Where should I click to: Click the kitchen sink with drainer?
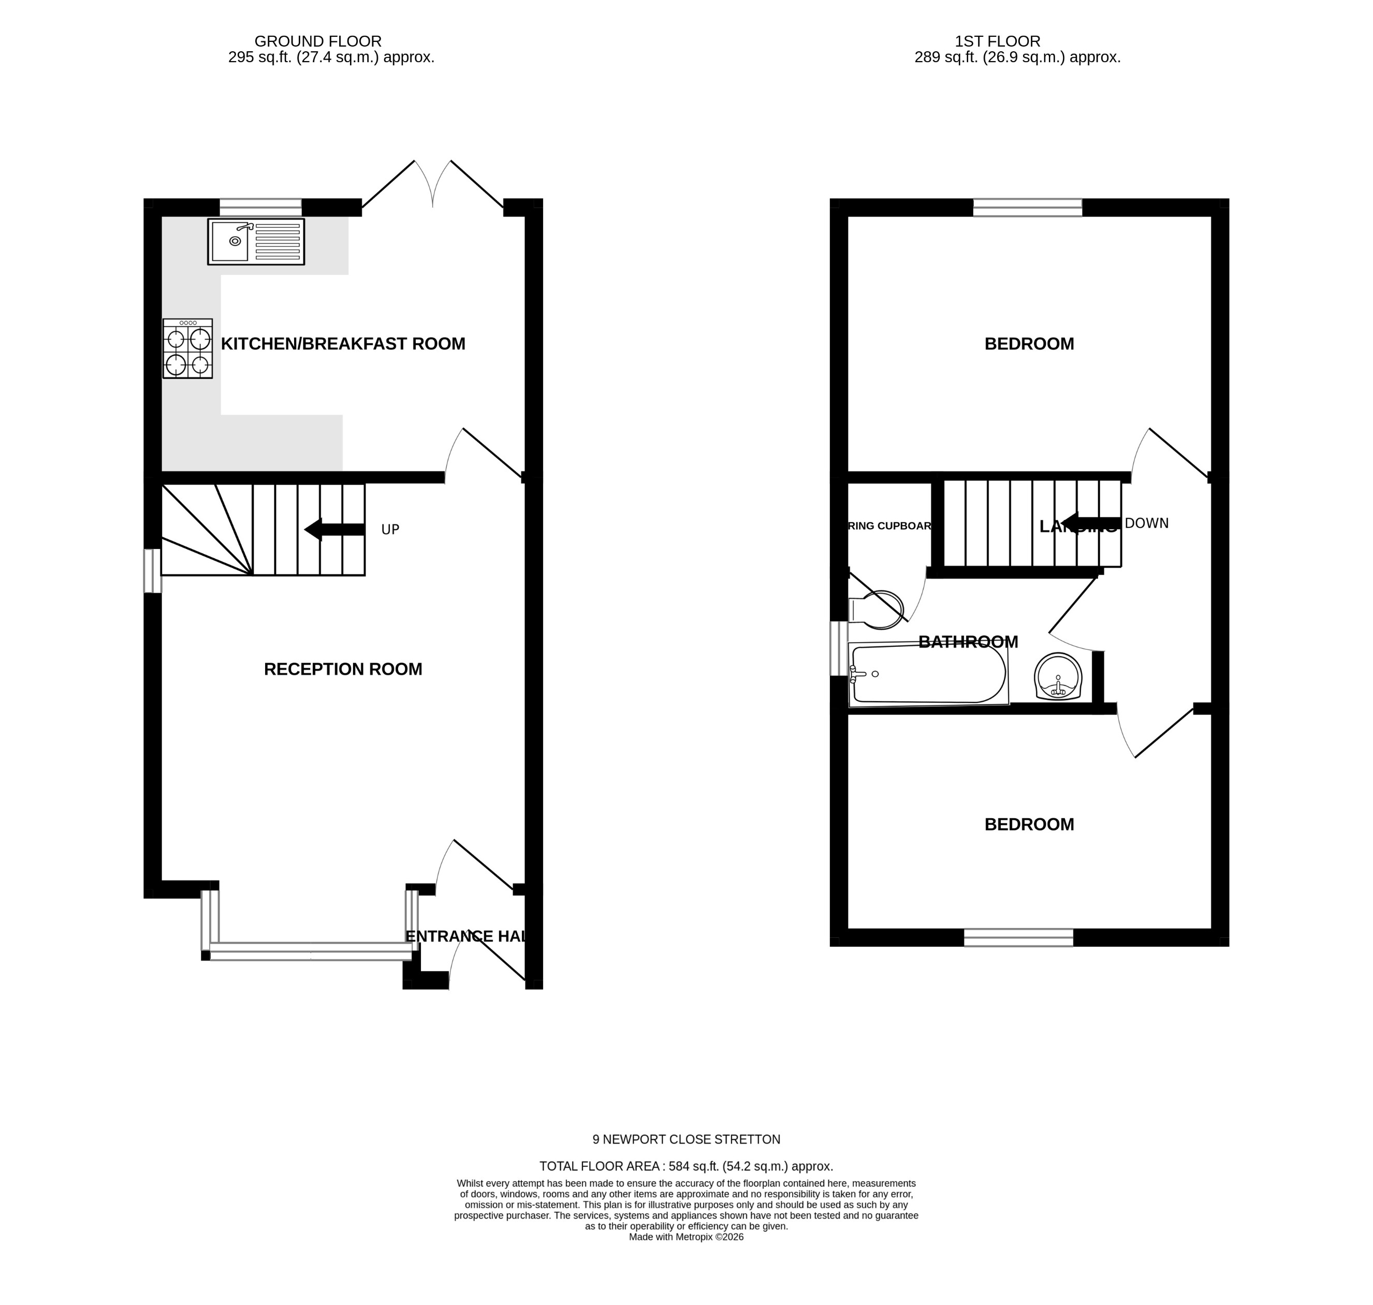(256, 241)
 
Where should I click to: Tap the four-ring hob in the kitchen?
(188, 349)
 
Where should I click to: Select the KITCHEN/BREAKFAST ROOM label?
(343, 344)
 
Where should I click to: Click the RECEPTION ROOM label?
(343, 669)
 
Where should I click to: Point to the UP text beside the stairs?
(390, 529)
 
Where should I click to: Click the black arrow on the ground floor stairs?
(334, 529)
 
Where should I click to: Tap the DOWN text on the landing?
(1146, 523)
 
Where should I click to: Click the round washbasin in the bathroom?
(1058, 676)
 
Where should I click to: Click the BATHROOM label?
(968, 642)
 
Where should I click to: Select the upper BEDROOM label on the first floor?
(1029, 344)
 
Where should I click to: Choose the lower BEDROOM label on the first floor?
(1029, 824)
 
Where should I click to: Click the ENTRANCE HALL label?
(464, 936)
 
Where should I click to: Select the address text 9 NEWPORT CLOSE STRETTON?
(686, 1139)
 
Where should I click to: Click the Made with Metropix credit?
(686, 1237)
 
